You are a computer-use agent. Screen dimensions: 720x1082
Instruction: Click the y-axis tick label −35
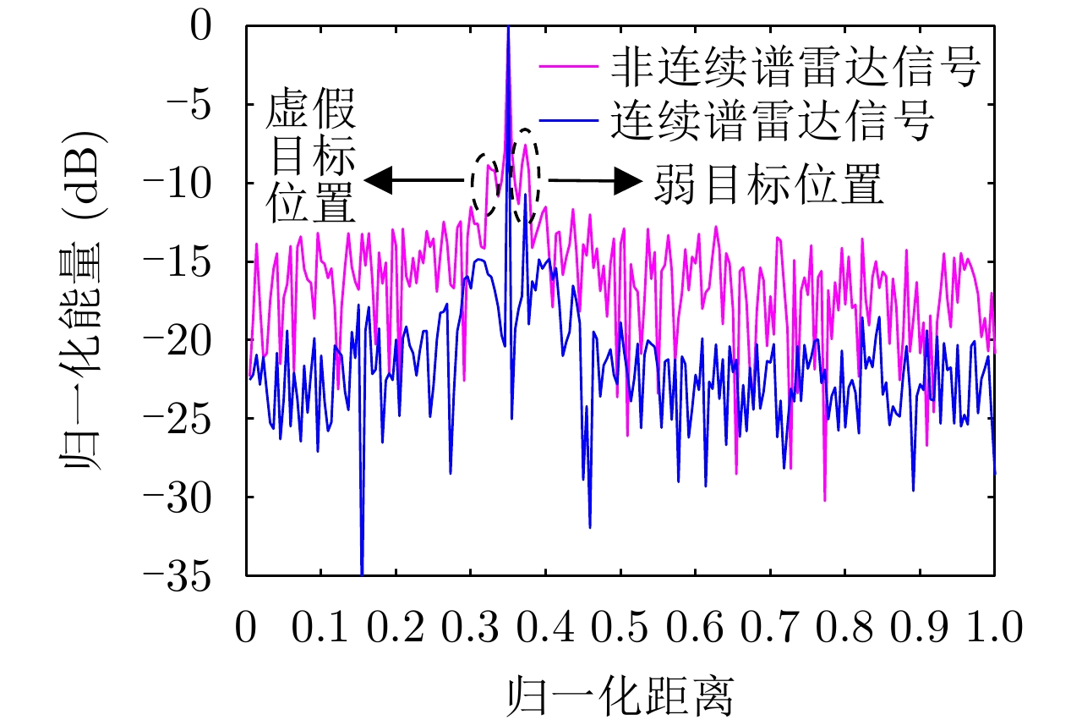pos(194,575)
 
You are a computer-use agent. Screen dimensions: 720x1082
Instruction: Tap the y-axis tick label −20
pos(194,341)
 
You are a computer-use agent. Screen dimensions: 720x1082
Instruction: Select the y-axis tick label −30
pos(194,497)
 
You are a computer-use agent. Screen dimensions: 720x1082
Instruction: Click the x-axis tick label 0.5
pos(620,629)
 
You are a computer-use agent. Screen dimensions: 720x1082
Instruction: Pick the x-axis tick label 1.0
pos(994,629)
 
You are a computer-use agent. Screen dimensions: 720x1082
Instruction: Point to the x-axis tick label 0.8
pos(845,629)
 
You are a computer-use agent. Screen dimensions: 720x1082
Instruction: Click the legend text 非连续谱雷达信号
pos(795,71)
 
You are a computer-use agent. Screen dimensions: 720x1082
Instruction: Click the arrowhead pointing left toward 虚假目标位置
pos(378,179)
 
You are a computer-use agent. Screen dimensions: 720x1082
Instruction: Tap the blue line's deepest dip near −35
pos(362,572)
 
